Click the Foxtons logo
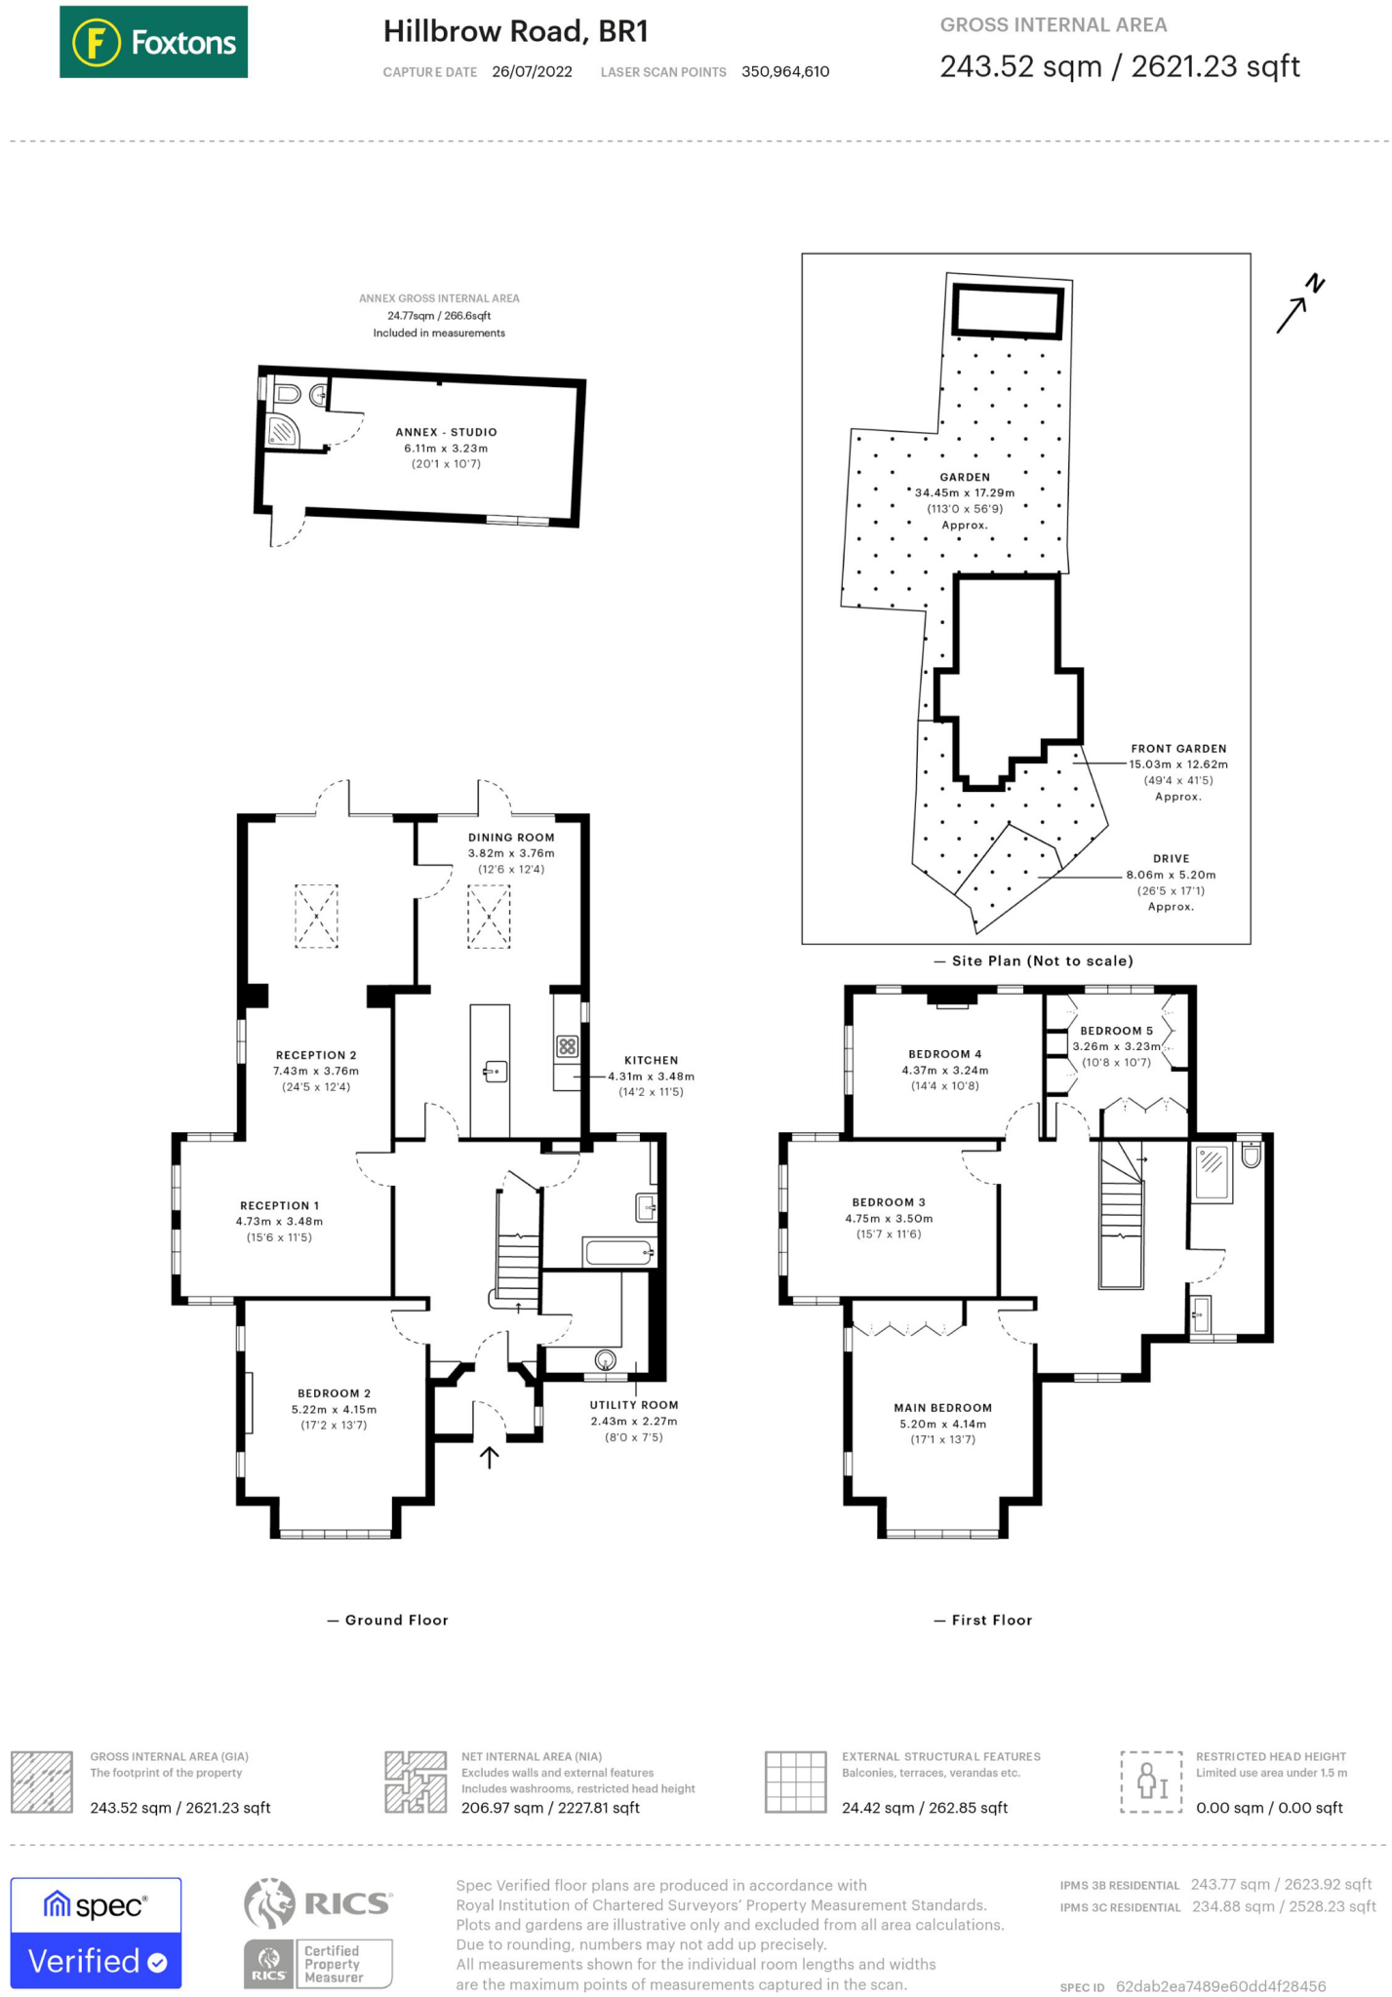pos(153,42)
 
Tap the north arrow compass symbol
pos(1300,303)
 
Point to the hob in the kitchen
pos(568,1047)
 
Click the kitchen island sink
pos(495,1073)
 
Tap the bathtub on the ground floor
pos(618,1251)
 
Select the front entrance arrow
pos(489,1457)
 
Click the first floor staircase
pos(1121,1214)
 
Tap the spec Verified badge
pos(96,1933)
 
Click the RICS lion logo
pos(269,1904)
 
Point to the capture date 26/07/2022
pos(532,71)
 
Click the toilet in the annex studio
pos(288,394)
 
